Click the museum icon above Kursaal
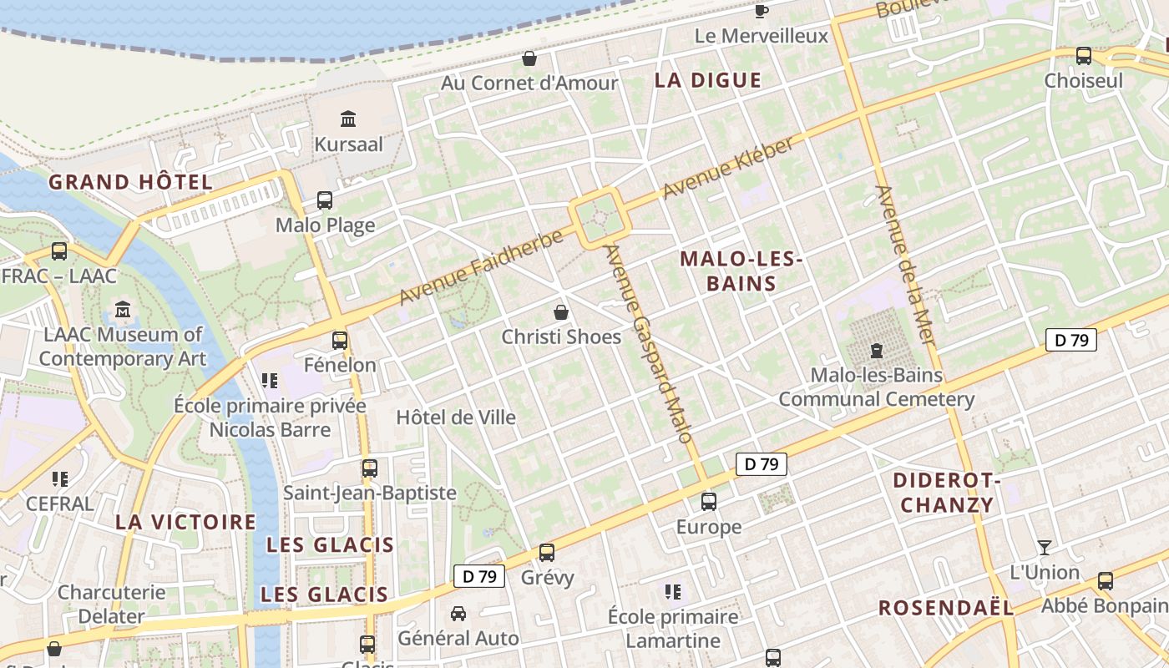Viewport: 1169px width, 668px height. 348,119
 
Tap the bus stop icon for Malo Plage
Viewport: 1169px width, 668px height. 325,200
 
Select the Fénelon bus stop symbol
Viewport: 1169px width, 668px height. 340,340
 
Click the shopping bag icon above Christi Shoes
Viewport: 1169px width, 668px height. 562,312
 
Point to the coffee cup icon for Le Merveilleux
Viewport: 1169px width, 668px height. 762,10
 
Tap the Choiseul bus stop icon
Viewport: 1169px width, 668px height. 1084,56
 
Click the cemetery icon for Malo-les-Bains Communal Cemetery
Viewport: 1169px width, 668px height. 877,350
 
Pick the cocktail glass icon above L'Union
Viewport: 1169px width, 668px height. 1045,548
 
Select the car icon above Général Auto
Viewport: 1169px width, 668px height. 458,614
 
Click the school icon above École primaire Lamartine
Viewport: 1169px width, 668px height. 673,592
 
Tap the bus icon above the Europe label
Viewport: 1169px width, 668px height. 709,502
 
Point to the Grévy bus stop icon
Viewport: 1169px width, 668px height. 547,552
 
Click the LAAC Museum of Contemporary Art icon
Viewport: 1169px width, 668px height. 123,310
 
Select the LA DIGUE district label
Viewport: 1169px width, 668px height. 708,80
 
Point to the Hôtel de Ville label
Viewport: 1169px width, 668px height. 456,417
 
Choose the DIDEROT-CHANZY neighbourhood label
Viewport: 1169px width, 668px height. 947,493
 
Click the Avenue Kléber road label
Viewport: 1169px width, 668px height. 729,168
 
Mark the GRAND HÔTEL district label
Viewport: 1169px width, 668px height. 130,182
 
